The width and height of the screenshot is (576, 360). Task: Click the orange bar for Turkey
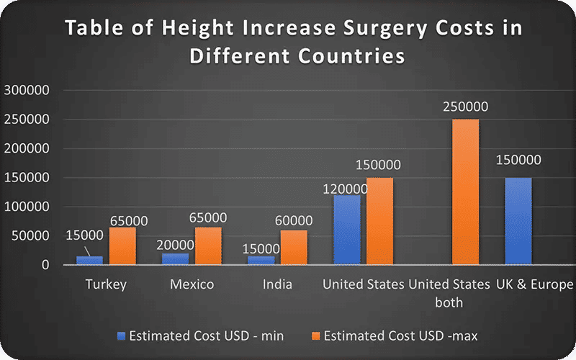(x=122, y=246)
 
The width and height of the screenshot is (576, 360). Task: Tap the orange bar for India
(x=293, y=248)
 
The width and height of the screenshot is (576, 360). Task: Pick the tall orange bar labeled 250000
(x=465, y=192)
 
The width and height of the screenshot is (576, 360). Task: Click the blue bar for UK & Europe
(x=518, y=221)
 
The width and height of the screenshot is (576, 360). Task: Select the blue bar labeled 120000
(x=347, y=230)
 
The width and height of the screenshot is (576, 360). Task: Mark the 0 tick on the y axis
(x=45, y=265)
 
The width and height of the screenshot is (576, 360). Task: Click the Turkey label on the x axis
(x=105, y=284)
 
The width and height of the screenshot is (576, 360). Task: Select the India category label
(x=277, y=284)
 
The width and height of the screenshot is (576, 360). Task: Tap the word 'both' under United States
(x=449, y=302)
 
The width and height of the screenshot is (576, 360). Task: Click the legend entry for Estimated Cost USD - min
(x=205, y=336)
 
